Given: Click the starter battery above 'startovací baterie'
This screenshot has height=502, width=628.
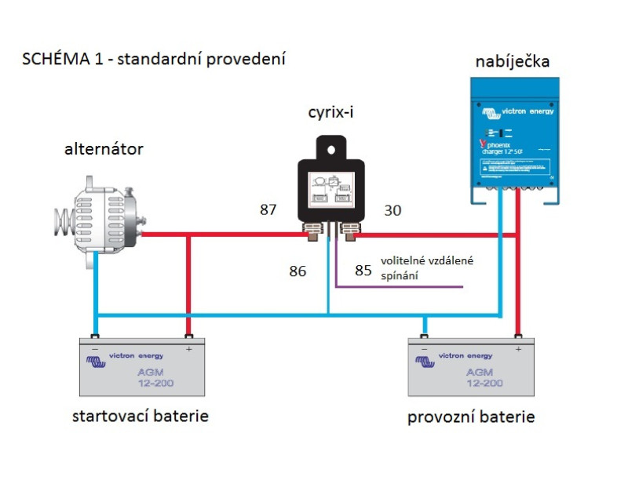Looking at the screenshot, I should pyautogui.click(x=142, y=368).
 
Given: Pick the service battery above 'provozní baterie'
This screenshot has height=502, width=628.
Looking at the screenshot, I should pyautogui.click(x=470, y=368).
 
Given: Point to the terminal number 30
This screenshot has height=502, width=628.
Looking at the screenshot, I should pyautogui.click(x=392, y=210).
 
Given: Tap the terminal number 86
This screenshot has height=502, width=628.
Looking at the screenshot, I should pyautogui.click(x=298, y=271).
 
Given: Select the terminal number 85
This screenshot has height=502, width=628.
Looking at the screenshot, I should pyautogui.click(x=363, y=271).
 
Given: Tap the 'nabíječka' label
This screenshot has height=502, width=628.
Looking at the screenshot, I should pyautogui.click(x=512, y=61).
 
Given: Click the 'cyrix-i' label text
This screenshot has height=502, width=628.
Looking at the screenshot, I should pyautogui.click(x=330, y=113).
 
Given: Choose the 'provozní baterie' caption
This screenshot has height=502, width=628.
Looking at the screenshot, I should pyautogui.click(x=470, y=417).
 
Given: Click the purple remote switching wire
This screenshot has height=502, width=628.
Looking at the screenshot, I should pyautogui.click(x=400, y=287).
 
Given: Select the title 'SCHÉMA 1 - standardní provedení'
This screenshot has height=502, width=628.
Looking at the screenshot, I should pyautogui.click(x=153, y=60).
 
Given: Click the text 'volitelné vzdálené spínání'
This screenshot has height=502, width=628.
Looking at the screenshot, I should pyautogui.click(x=427, y=268).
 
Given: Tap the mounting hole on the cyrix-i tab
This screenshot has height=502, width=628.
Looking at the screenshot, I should pyautogui.click(x=330, y=146).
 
